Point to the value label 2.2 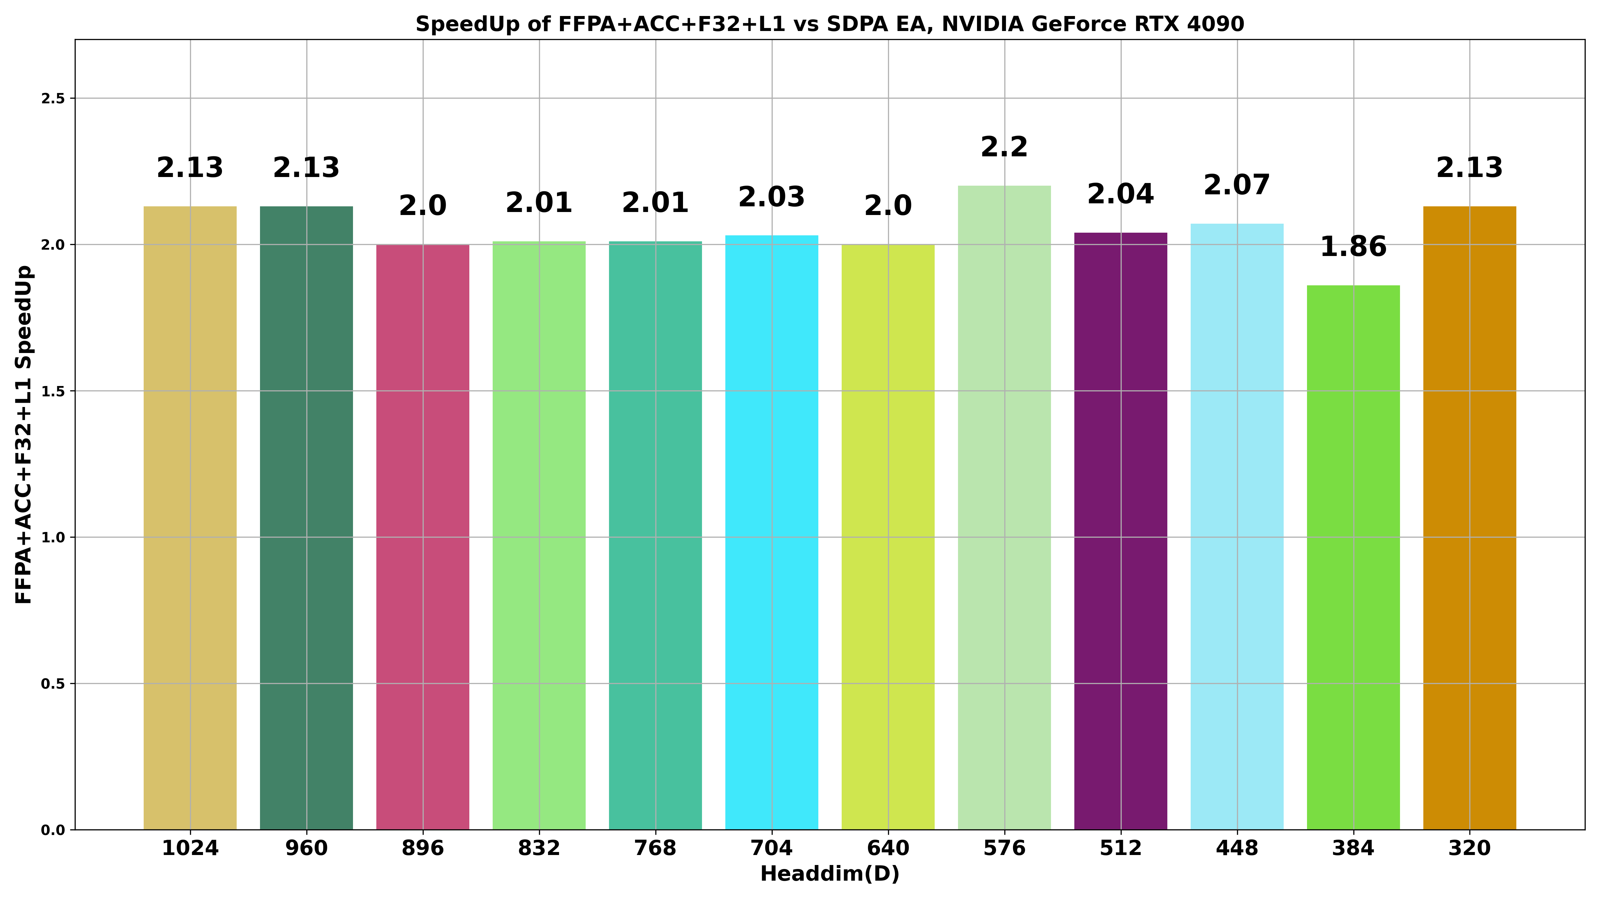1004,148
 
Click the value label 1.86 1353,247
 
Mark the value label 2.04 1120,194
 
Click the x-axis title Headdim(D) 830,874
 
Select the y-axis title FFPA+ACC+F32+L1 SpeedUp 24,435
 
